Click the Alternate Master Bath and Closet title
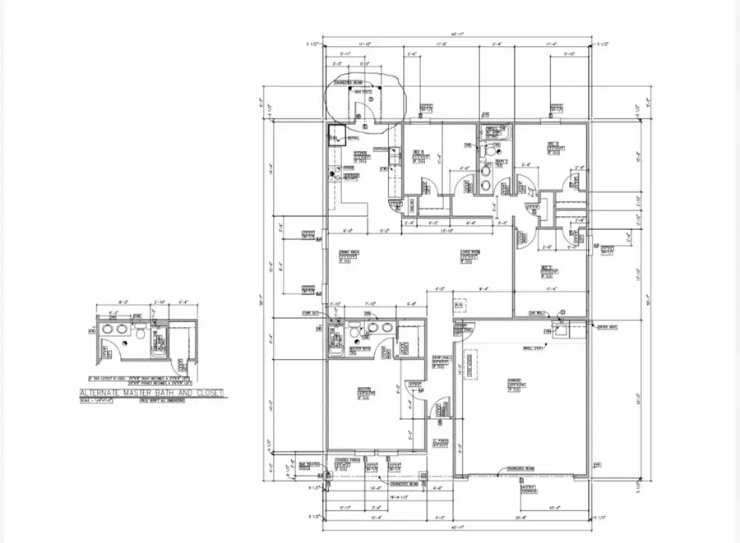pyautogui.click(x=151, y=393)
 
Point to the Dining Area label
pyautogui.click(x=349, y=255)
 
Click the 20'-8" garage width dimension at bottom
pyautogui.click(x=521, y=519)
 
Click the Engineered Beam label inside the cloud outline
pyautogui.click(x=345, y=84)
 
